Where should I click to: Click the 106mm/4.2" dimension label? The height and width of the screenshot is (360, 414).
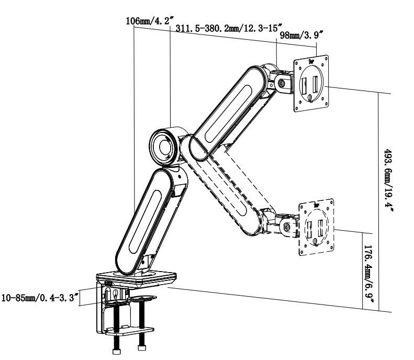(150, 20)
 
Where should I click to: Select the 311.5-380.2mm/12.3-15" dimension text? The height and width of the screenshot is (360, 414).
(229, 28)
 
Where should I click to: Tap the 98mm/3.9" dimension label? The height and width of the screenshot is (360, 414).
(301, 35)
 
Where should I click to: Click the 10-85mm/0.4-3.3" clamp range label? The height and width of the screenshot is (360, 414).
(40, 298)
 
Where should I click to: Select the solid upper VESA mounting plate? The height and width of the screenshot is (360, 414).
(311, 83)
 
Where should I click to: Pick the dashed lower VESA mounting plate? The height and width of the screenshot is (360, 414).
(316, 227)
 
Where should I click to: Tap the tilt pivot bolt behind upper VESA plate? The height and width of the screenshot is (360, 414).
(282, 83)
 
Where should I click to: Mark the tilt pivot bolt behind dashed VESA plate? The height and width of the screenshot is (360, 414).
(287, 227)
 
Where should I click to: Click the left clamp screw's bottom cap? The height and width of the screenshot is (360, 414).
(116, 351)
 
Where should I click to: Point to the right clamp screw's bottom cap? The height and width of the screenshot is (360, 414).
(142, 347)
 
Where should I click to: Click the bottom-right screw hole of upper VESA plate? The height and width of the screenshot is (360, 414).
(327, 104)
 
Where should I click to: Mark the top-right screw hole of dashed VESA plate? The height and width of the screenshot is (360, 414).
(330, 203)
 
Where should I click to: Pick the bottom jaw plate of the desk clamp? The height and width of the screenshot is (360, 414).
(129, 331)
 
